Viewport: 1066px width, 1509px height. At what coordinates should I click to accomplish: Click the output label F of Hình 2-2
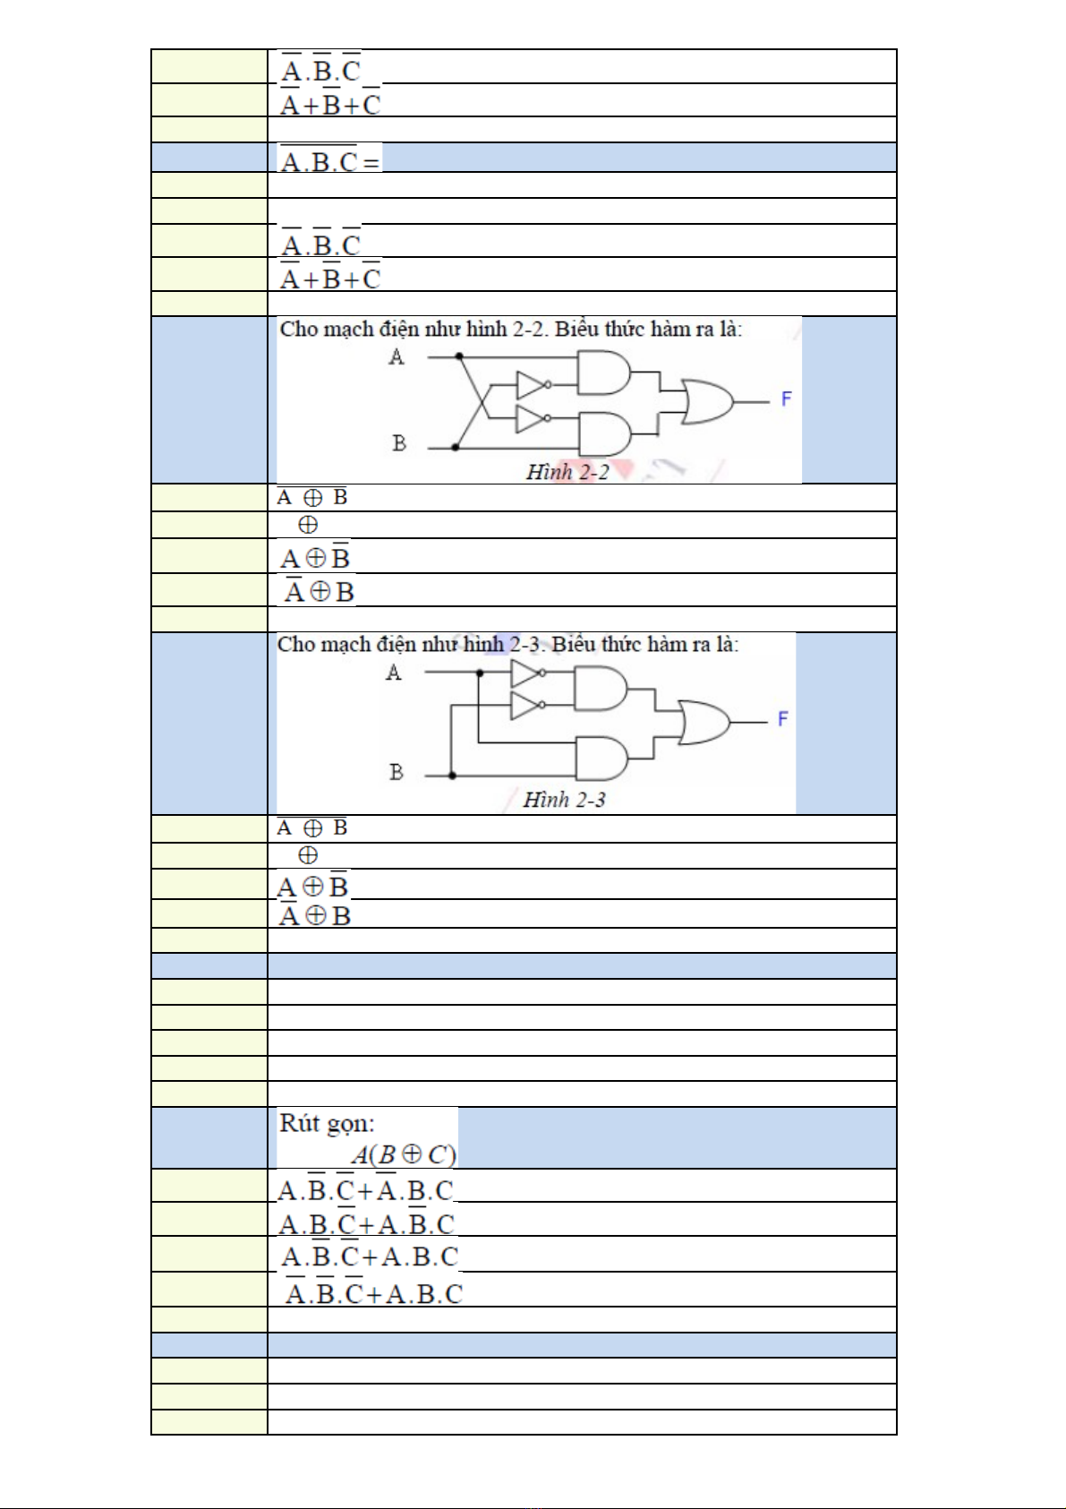(x=786, y=399)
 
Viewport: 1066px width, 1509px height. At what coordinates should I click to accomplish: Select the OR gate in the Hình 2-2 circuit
(x=707, y=401)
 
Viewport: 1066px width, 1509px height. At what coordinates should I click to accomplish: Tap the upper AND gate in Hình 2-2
(x=604, y=372)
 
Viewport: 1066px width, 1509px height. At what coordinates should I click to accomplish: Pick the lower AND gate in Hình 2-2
(x=605, y=433)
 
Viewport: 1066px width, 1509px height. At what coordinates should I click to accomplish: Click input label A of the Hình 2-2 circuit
(x=396, y=356)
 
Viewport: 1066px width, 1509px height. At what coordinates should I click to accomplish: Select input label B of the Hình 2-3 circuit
(x=396, y=771)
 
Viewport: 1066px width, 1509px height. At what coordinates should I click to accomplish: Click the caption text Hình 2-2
(x=567, y=472)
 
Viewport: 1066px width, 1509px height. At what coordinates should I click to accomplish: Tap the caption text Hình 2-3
(x=564, y=800)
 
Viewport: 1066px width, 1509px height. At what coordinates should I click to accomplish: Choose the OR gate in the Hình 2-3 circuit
(x=704, y=722)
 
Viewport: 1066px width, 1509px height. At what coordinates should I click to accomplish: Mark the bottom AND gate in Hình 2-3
(x=601, y=758)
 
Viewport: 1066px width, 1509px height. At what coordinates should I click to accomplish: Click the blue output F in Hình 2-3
(x=782, y=719)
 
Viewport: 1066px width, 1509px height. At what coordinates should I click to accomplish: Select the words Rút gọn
(x=327, y=1123)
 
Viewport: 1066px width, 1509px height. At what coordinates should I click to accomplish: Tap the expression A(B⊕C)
(x=404, y=1154)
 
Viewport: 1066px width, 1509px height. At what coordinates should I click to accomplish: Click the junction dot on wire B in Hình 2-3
(x=453, y=776)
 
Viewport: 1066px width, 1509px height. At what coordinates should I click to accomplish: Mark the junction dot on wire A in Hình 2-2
(x=459, y=356)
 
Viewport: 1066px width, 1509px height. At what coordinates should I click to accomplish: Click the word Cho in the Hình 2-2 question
(x=296, y=329)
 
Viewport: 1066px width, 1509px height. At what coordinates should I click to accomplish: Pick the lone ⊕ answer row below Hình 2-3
(x=308, y=855)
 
